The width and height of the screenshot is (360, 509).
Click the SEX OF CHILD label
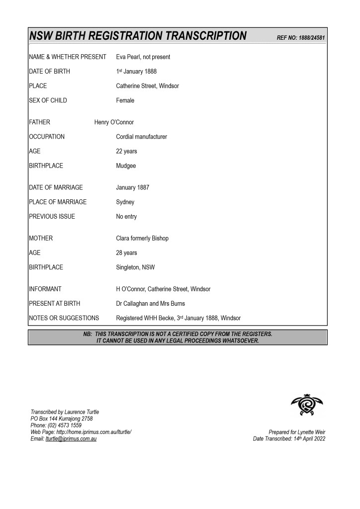click(48, 100)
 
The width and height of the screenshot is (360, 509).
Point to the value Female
click(125, 100)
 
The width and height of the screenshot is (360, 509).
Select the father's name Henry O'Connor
click(114, 122)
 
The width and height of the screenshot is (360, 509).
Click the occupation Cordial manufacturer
click(142, 137)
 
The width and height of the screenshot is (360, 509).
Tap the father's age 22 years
click(127, 151)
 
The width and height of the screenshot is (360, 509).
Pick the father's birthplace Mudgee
click(126, 166)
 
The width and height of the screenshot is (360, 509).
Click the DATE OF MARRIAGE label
click(56, 188)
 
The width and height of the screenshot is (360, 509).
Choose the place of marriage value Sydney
click(125, 202)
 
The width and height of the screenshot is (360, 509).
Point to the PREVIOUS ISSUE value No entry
click(127, 217)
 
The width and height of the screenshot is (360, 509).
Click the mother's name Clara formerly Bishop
click(142, 239)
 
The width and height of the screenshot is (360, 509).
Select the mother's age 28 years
click(127, 253)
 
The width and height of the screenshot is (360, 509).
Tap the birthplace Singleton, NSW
click(135, 267)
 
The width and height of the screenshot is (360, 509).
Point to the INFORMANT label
click(45, 289)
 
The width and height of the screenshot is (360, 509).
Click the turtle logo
click(307, 405)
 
